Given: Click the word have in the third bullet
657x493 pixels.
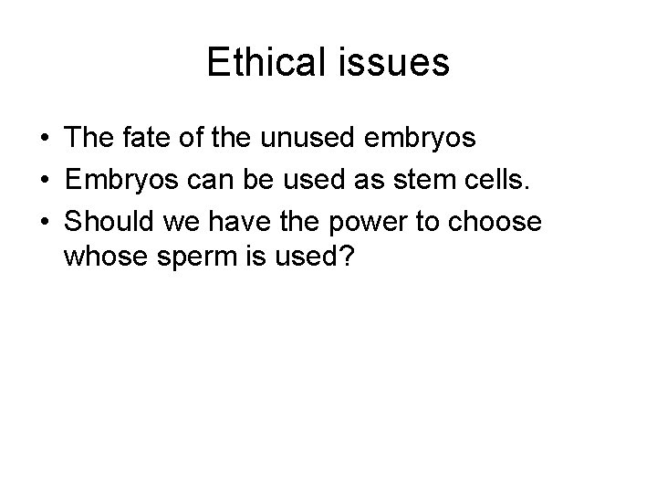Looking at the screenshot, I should (240, 221).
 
